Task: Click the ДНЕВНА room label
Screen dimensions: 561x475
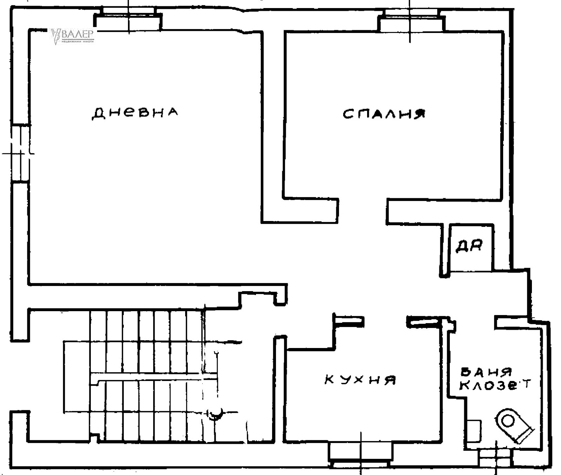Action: (135, 113)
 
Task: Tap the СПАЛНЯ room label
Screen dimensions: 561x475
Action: (384, 114)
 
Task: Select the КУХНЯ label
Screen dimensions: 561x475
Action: (360, 380)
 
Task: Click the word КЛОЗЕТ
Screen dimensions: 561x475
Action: (495, 385)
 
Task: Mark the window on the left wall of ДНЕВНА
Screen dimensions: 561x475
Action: (20, 153)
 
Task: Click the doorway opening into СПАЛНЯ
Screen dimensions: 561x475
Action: (363, 210)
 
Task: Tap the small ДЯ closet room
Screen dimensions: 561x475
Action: (471, 247)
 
